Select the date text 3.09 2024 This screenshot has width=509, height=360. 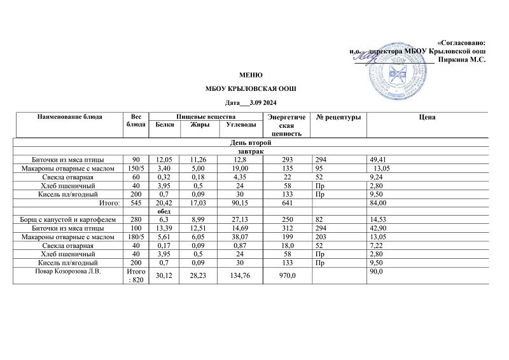pyautogui.click(x=263, y=103)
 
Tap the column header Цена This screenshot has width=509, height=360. pyautogui.click(x=427, y=118)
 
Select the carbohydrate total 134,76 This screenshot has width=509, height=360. pyautogui.click(x=232, y=277)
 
